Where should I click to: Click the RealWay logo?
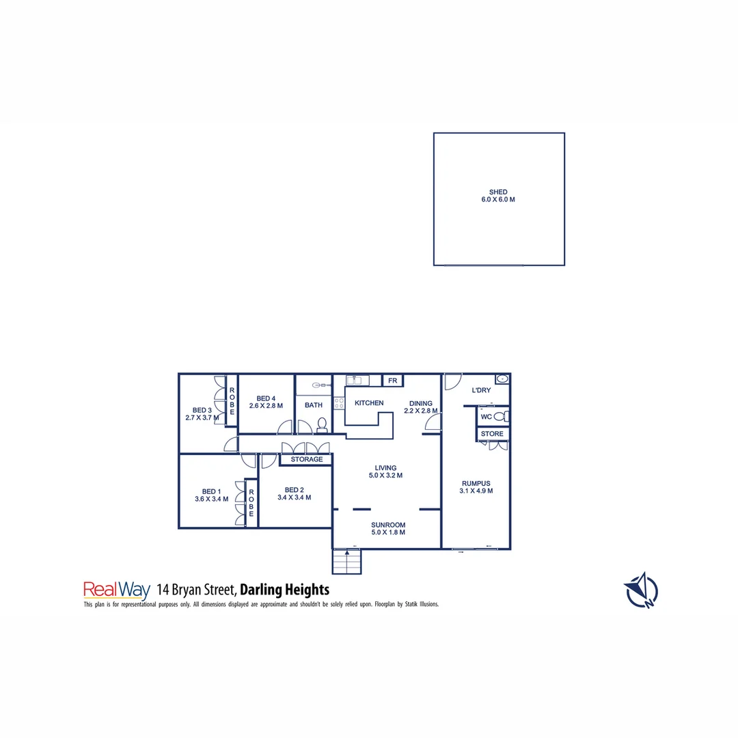pyautogui.click(x=116, y=589)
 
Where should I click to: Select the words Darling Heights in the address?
pyautogui.click(x=285, y=589)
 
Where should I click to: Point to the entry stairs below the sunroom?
pyautogui.click(x=346, y=562)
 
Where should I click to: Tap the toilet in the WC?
pyautogui.click(x=500, y=416)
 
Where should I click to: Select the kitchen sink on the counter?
pyautogui.click(x=357, y=380)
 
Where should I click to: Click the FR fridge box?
pyautogui.click(x=392, y=381)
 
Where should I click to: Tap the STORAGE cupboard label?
pyautogui.click(x=307, y=459)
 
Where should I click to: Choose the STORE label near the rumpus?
pyautogui.click(x=492, y=434)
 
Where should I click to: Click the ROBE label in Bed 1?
pyautogui.click(x=251, y=502)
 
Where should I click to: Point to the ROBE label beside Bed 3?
pyautogui.click(x=232, y=402)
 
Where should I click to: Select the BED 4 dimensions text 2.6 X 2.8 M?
pyautogui.click(x=266, y=406)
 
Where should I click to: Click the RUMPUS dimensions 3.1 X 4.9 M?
pyautogui.click(x=476, y=491)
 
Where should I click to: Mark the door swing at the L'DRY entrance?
pyautogui.click(x=452, y=381)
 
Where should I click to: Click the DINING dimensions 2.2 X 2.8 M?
pyautogui.click(x=420, y=411)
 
